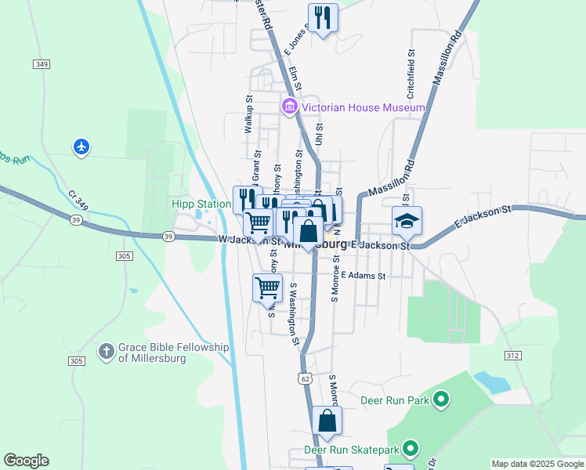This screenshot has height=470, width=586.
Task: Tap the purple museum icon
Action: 289,107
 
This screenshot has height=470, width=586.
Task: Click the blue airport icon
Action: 81,146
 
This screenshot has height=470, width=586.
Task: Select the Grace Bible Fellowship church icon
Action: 107,352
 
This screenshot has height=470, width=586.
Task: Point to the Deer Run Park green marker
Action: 440,401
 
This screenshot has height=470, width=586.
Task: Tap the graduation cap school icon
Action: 407,221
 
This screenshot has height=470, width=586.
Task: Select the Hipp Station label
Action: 201,205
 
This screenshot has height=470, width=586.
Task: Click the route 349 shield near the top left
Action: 42,63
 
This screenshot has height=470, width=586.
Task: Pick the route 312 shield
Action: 512,356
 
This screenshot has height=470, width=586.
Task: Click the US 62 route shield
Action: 305,378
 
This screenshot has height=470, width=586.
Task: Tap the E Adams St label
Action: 364,277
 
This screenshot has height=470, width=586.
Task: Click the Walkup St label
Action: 248,115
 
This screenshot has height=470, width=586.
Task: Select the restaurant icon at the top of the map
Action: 323,16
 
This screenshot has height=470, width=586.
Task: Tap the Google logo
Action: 26,461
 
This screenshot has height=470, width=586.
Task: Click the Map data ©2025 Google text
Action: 537,464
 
